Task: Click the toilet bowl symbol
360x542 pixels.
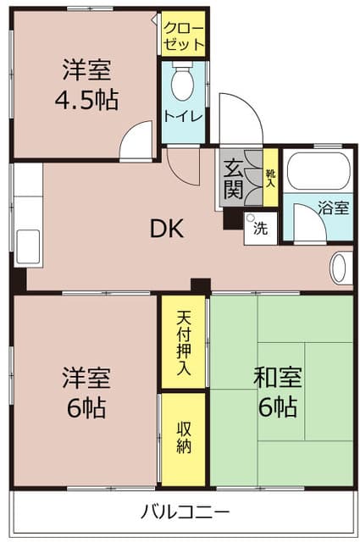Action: coord(182,81)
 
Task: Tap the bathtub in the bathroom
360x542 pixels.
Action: coord(318,171)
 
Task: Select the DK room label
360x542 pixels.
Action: coord(167,229)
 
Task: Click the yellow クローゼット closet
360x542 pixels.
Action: coord(183,33)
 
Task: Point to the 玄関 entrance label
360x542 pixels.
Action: coord(233,180)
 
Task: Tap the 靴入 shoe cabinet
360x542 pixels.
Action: coord(270,178)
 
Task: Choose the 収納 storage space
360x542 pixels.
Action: coord(183,439)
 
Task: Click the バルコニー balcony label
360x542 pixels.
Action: coord(185,512)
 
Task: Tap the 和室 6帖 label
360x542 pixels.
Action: coord(278,392)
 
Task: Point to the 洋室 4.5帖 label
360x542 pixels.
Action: coord(86,85)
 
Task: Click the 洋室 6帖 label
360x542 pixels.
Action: coord(86,393)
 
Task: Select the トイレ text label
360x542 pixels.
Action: coord(183,116)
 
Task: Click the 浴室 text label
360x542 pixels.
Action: coord(333,208)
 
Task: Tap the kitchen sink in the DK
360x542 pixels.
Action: coord(28,246)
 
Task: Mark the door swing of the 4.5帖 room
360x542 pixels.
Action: coord(136,141)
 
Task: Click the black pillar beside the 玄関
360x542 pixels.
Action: coord(233,218)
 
